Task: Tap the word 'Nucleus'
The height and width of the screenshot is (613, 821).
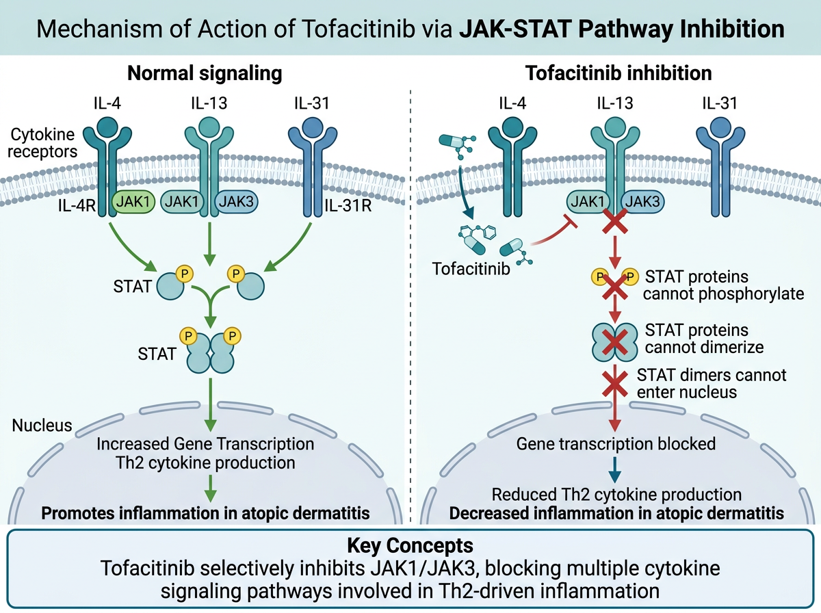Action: [x=42, y=426]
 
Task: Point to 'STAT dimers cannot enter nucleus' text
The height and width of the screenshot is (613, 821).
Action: [x=712, y=383]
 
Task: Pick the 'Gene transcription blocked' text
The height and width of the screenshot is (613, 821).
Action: [x=616, y=443]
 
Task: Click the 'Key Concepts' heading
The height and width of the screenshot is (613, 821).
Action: [x=410, y=545]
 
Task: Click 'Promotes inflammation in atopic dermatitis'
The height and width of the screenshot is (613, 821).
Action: [x=204, y=512]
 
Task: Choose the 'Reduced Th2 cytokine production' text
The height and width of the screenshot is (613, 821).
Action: [x=616, y=494]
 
